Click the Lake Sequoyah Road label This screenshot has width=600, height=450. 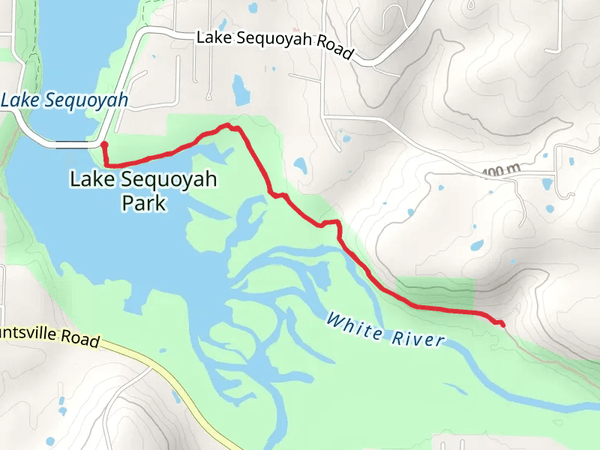(274, 44)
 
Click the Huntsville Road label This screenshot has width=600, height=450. (49, 334)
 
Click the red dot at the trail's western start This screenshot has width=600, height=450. (104, 145)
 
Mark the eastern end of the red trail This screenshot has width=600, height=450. (502, 325)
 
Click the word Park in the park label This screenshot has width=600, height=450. (143, 203)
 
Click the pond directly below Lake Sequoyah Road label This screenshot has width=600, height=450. (241, 90)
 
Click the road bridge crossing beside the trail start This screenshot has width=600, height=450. (75, 142)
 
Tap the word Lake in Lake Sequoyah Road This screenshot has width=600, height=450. (212, 37)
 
